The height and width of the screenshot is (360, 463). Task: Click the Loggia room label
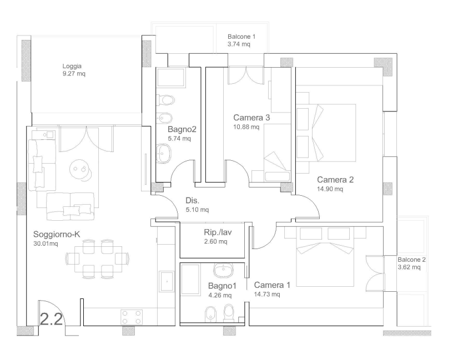pyautogui.click(x=72, y=67)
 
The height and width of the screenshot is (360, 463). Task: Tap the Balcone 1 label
pyautogui.click(x=241, y=37)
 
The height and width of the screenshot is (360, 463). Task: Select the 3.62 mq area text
pyautogui.click(x=409, y=267)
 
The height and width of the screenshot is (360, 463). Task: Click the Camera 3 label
pyautogui.click(x=251, y=118)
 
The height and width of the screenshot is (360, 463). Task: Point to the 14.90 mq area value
pyautogui.click(x=330, y=189)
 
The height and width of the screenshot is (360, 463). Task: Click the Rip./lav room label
pyautogui.click(x=218, y=232)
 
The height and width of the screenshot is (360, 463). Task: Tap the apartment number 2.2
pyautogui.click(x=51, y=319)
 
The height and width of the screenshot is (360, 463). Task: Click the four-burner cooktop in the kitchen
pyautogui.click(x=132, y=317)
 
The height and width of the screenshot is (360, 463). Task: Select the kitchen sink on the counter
pyautogui.click(x=167, y=281)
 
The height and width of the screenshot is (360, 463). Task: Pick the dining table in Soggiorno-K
pyautogui.click(x=98, y=260)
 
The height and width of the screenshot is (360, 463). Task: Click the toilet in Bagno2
pyautogui.click(x=165, y=100)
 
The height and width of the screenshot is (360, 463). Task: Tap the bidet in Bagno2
pyautogui.click(x=164, y=118)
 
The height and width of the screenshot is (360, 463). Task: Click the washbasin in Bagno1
pyautogui.click(x=223, y=270)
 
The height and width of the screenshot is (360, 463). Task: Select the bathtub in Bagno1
pyautogui.click(x=190, y=279)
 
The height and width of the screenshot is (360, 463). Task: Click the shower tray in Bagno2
pyautogui.click(x=171, y=77)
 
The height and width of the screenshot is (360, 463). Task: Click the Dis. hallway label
pyautogui.click(x=192, y=201)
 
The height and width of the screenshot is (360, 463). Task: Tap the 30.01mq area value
pyautogui.click(x=46, y=244)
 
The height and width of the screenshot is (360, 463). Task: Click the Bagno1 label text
pyautogui.click(x=222, y=286)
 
